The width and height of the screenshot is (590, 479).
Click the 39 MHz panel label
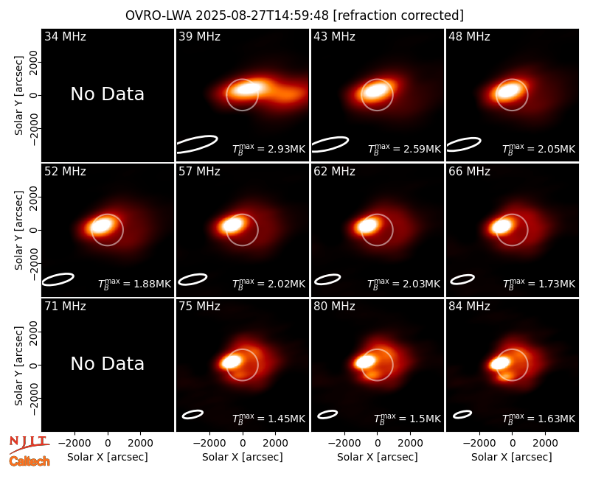coord(199,36)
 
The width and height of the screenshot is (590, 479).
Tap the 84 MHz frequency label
coord(469,307)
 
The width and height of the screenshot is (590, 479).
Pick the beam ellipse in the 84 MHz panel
coord(462,414)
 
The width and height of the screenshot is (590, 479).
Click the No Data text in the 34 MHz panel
coord(108,94)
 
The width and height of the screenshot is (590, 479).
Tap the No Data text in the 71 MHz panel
coord(108,364)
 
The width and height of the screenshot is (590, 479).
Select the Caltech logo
coord(29,461)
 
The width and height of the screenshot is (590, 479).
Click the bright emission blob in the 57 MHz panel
coord(231,225)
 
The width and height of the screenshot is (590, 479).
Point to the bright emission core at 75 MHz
coord(231,362)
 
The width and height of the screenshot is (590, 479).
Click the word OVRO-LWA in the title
coord(159,15)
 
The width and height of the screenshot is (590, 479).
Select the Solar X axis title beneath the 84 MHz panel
coord(512,457)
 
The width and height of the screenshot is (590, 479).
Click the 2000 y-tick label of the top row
coord(34,62)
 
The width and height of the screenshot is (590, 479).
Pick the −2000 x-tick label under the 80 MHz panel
coord(344,444)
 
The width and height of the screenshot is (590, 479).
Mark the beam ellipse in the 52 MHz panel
coord(58,279)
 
